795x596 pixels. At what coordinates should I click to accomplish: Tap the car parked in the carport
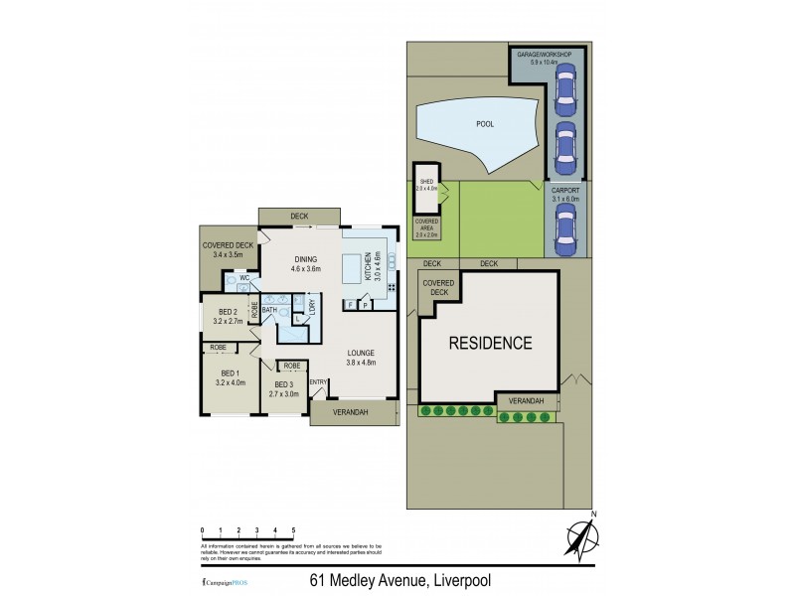coord(564,233)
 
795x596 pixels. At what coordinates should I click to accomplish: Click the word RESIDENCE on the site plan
coord(490,344)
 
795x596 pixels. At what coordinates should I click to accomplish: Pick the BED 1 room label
coord(230,373)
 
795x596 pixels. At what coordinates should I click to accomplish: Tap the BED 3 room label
coord(284,383)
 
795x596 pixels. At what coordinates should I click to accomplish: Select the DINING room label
coord(305,260)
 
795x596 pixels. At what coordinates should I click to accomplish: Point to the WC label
coord(242,278)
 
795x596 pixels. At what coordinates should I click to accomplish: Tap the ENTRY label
coord(318,382)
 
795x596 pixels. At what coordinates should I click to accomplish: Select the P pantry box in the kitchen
coord(365,304)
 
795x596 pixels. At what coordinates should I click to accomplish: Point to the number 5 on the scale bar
coord(292,530)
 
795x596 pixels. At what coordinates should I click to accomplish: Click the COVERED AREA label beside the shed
coord(426,225)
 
